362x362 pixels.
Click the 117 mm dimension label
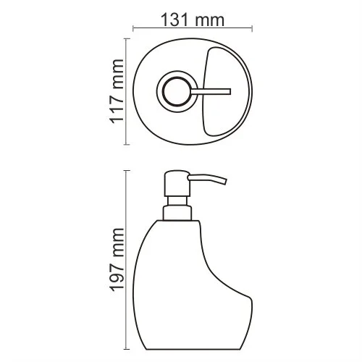click(x=119, y=92)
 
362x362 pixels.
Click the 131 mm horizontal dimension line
click(x=192, y=29)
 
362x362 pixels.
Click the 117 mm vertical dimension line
click(x=129, y=92)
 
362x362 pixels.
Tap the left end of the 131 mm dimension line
click(x=132, y=29)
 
